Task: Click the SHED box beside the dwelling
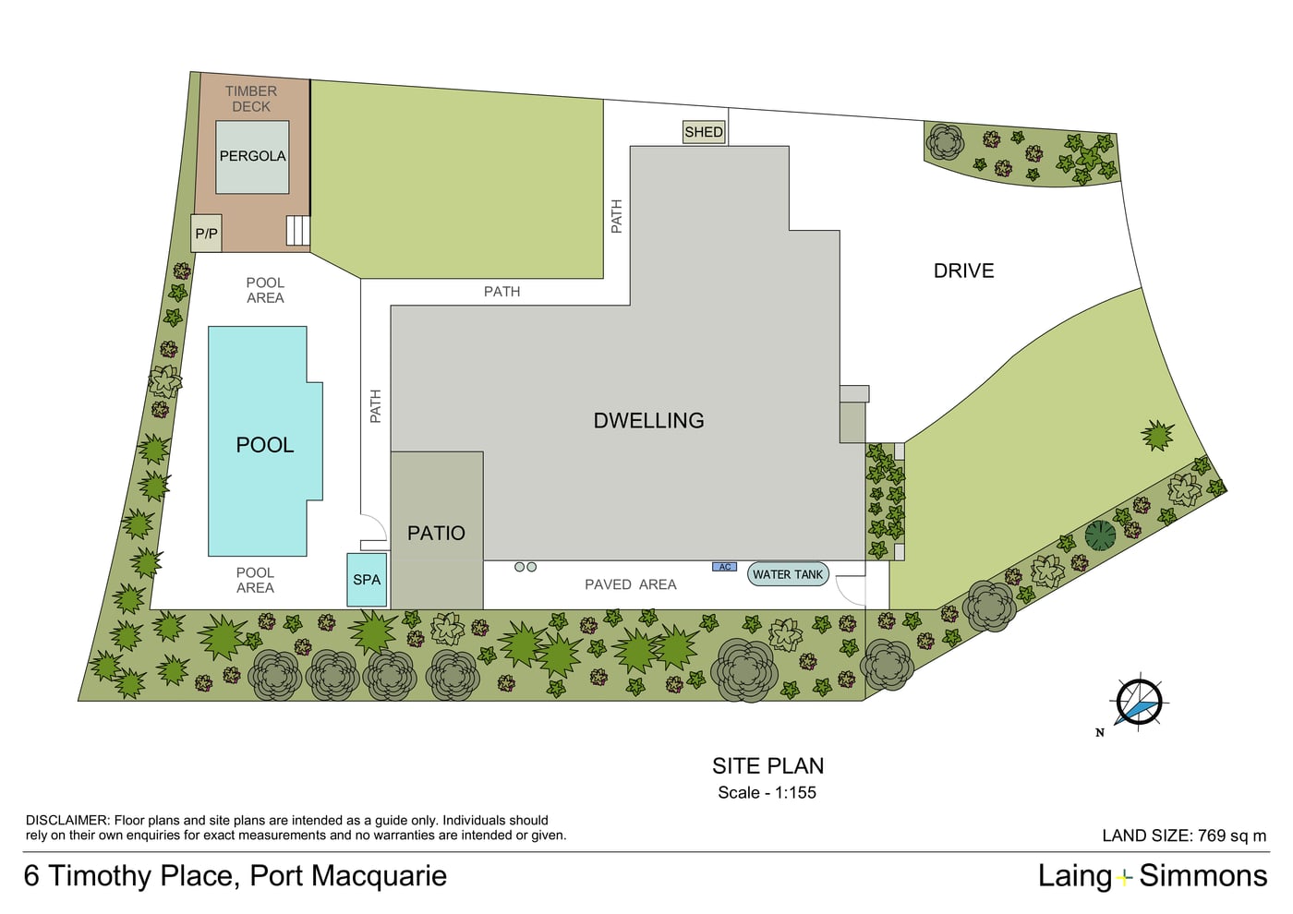click(x=703, y=132)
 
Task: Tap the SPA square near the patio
click(x=367, y=580)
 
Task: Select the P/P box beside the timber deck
click(x=206, y=233)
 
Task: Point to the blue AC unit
click(x=724, y=567)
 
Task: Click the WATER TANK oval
click(x=788, y=574)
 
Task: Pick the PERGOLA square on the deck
click(x=252, y=157)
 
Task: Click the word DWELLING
click(x=648, y=421)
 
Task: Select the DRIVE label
click(x=964, y=271)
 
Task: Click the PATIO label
click(x=436, y=534)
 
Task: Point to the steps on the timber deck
click(x=297, y=231)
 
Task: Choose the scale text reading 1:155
click(x=795, y=792)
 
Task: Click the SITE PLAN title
click(x=767, y=765)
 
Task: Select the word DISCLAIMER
click(x=67, y=820)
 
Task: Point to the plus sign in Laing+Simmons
click(x=1125, y=878)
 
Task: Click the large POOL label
click(x=265, y=445)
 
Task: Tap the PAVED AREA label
click(x=630, y=584)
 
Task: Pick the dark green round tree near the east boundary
click(x=1100, y=536)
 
